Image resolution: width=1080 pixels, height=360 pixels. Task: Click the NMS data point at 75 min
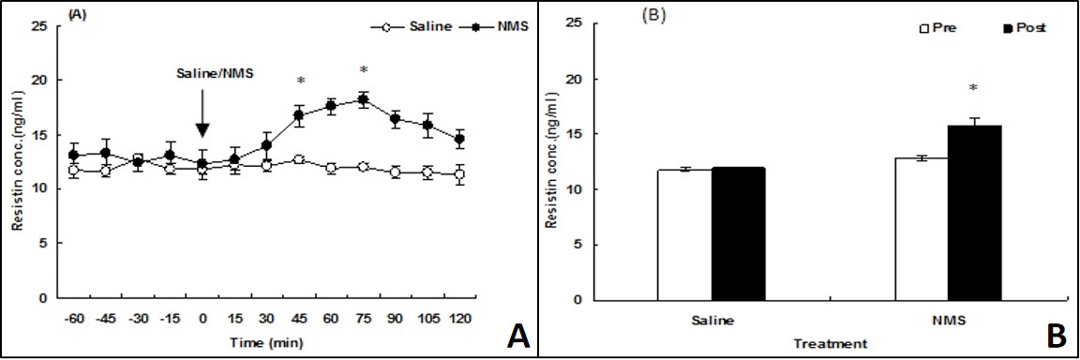click(x=363, y=99)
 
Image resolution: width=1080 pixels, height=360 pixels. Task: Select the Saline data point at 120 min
click(x=459, y=174)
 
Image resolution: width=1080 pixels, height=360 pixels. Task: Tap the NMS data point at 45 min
click(x=299, y=115)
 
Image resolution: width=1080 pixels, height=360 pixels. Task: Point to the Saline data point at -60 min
click(x=74, y=170)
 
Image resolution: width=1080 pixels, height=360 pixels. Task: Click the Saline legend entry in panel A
click(x=412, y=26)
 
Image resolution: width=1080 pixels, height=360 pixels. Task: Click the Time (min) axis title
click(x=267, y=340)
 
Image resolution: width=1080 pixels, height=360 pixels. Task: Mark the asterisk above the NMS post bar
click(x=973, y=89)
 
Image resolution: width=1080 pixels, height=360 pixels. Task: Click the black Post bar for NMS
click(x=973, y=213)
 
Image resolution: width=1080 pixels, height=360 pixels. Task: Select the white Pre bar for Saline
click(x=684, y=235)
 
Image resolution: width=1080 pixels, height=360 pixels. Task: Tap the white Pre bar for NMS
click(x=922, y=229)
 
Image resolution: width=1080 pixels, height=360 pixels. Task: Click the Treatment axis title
click(x=829, y=342)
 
